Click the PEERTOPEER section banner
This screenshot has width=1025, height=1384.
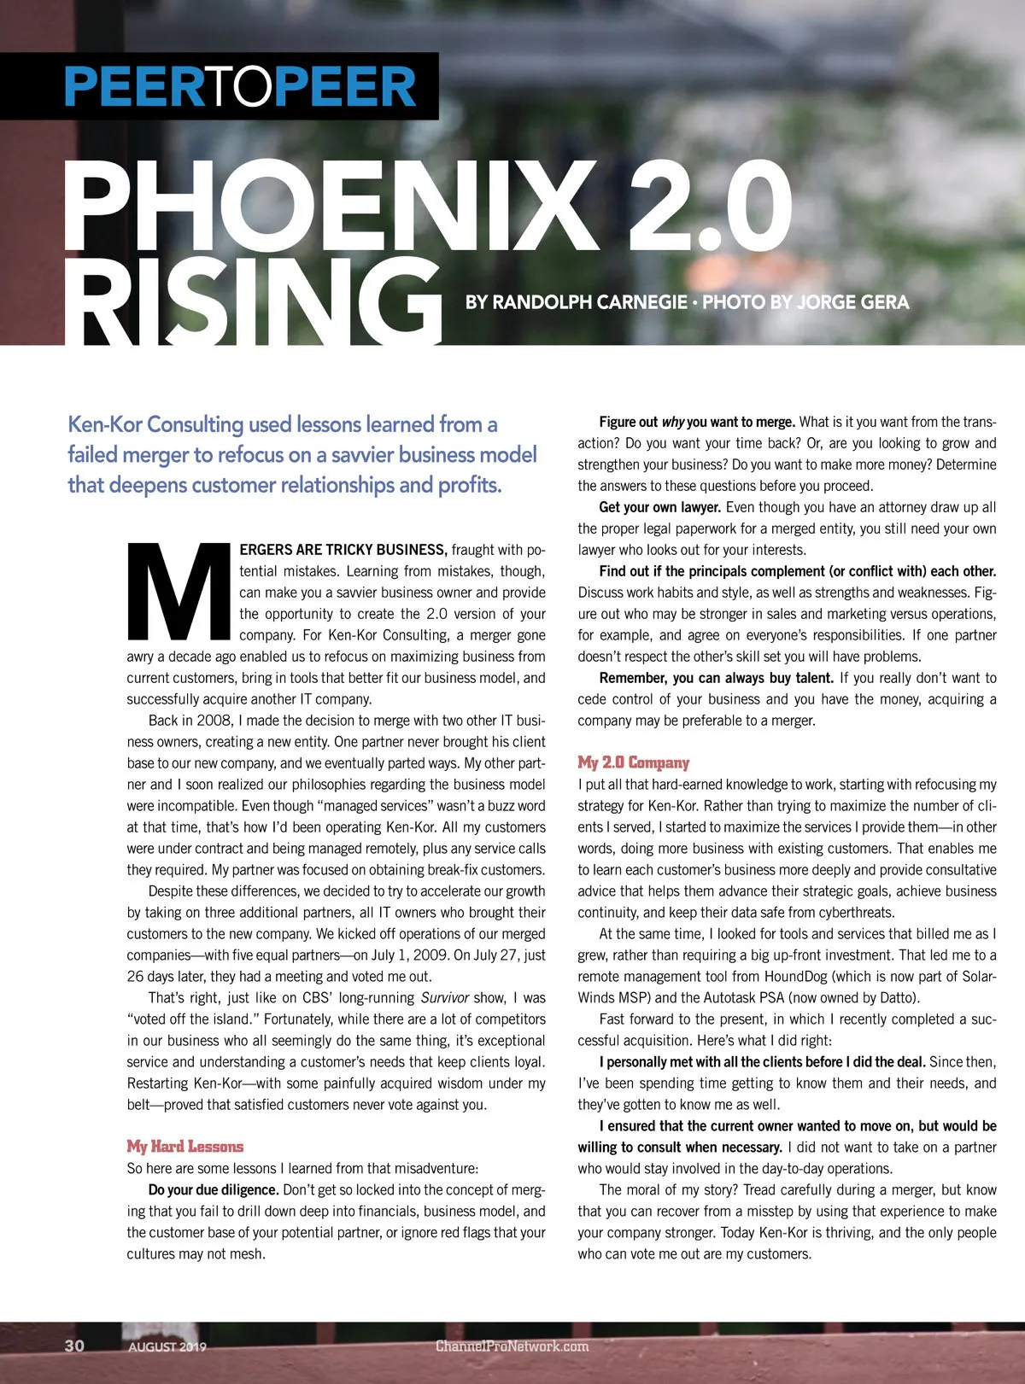pos(240,86)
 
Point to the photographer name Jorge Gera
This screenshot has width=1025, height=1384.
pos(852,302)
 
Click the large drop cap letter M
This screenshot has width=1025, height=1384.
pos(179,592)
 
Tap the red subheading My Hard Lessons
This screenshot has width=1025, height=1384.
pos(185,1147)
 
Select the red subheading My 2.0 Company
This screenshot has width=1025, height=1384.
pos(633,762)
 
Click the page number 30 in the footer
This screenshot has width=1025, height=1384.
pos(74,1346)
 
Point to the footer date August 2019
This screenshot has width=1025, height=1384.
pos(167,1346)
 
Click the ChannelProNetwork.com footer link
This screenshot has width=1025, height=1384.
pos(512,1346)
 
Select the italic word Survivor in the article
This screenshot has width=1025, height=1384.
pos(445,998)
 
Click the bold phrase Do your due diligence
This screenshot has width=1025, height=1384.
pos(214,1190)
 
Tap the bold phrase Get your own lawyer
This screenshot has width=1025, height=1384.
pos(660,507)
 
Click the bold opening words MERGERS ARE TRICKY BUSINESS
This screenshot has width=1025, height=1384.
pos(343,550)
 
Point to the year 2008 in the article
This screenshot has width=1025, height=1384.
pos(214,721)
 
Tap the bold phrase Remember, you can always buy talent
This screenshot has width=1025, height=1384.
pos(716,678)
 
